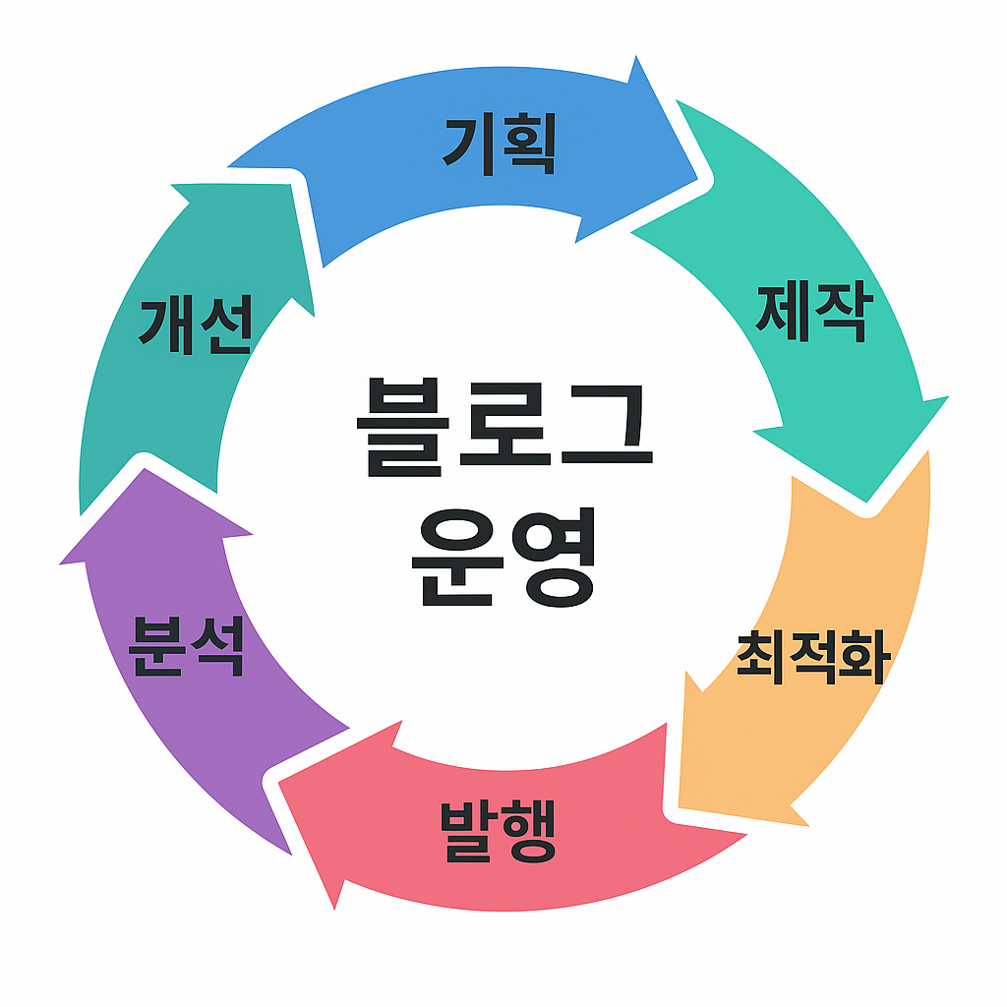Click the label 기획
pyautogui.click(x=501, y=146)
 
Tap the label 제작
pyautogui.click(x=813, y=312)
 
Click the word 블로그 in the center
pyautogui.click(x=503, y=430)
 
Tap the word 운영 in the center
pyautogui.click(x=503, y=559)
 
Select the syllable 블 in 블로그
pyautogui.click(x=404, y=430)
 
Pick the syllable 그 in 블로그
pyautogui.click(x=603, y=430)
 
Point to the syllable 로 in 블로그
pyautogui.click(x=503, y=430)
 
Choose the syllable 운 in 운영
pyautogui.click(x=453, y=559)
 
